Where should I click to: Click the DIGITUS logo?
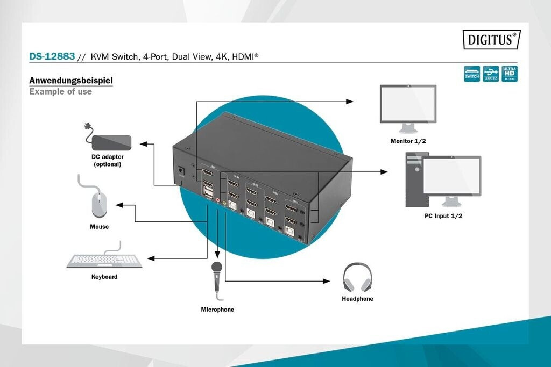[x=491, y=39]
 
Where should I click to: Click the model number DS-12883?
[x=52, y=56]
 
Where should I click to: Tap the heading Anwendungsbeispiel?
[x=70, y=81]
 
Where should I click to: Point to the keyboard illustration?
[x=104, y=261]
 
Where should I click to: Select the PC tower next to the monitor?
[x=414, y=179]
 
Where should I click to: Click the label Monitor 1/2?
[x=408, y=141]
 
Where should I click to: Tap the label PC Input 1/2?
[x=443, y=216]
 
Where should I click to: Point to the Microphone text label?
[x=217, y=310]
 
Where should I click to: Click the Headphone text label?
[x=357, y=299]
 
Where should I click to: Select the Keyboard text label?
[x=104, y=277]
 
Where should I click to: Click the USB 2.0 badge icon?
[x=490, y=74]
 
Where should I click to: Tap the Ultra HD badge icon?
[x=509, y=74]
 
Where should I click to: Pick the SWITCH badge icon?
[x=472, y=74]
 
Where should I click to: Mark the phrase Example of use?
[x=60, y=92]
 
